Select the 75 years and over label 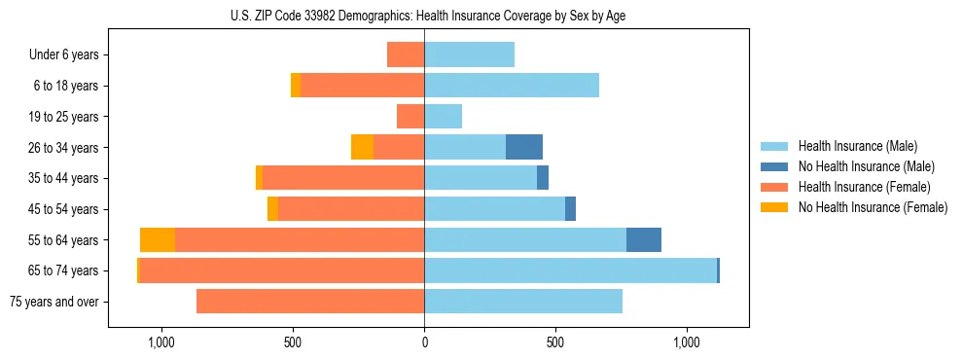coord(53,302)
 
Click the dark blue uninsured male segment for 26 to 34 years coord(524,147)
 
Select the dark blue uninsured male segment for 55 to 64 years coord(644,239)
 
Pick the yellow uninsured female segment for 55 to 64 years coord(158,239)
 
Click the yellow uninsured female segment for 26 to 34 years coord(362,147)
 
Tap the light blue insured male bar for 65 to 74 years coord(570,270)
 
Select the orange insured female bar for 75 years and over coord(310,302)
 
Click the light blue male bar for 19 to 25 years coord(443,117)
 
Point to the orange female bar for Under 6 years coord(406,54)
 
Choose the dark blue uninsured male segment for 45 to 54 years coord(570,209)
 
